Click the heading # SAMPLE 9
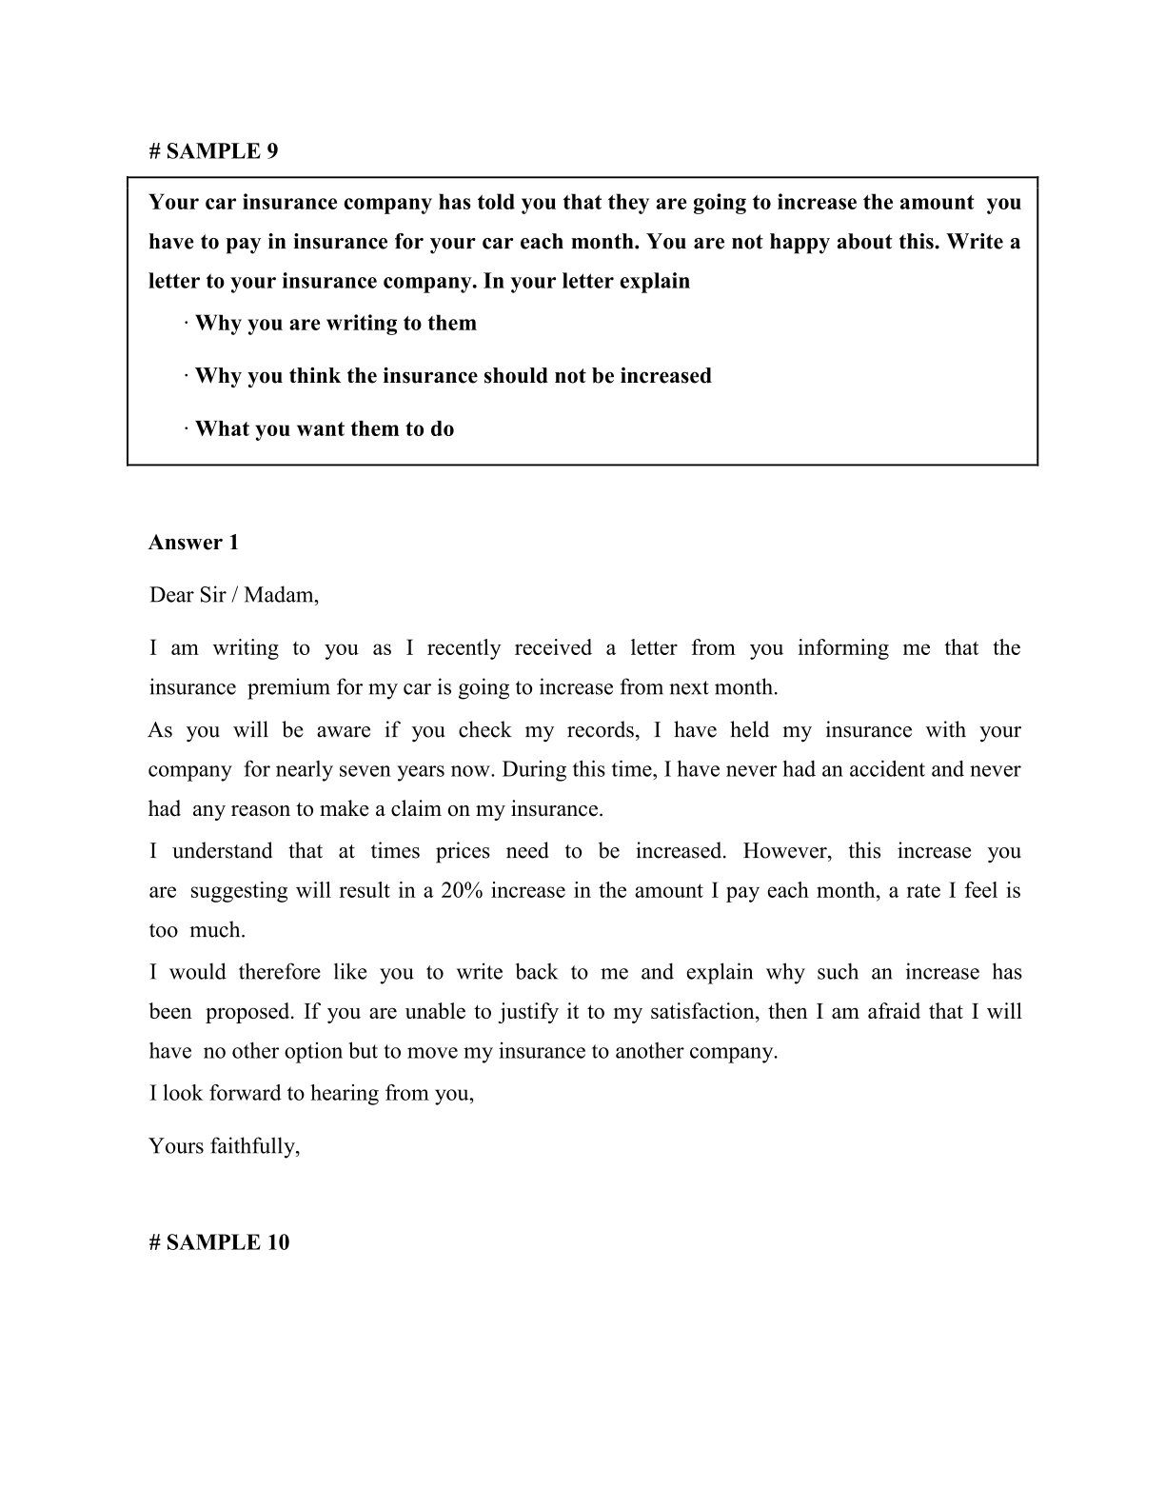214,150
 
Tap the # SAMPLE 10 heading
220,1241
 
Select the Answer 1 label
194,543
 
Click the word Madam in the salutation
280,596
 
